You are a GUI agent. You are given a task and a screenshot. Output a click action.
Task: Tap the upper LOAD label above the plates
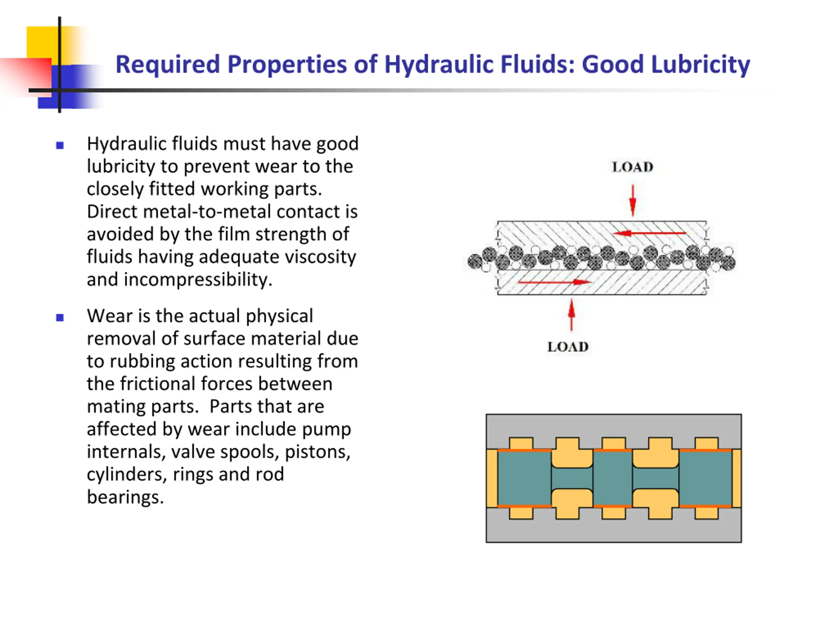coord(632,167)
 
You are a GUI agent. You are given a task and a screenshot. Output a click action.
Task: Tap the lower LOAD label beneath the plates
coord(568,347)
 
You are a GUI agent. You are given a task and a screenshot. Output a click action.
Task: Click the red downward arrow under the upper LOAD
coord(632,201)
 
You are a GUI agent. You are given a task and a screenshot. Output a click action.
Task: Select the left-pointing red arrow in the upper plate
coord(649,233)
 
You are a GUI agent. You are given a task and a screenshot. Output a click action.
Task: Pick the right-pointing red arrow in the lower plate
coord(554,282)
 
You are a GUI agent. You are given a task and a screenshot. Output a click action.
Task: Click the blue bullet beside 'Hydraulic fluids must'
coord(60,145)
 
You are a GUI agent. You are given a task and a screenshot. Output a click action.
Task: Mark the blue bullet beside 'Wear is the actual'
coord(60,318)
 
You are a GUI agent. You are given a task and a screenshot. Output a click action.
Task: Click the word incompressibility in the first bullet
coord(198,280)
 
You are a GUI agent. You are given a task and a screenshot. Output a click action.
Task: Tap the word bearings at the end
coord(125,497)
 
